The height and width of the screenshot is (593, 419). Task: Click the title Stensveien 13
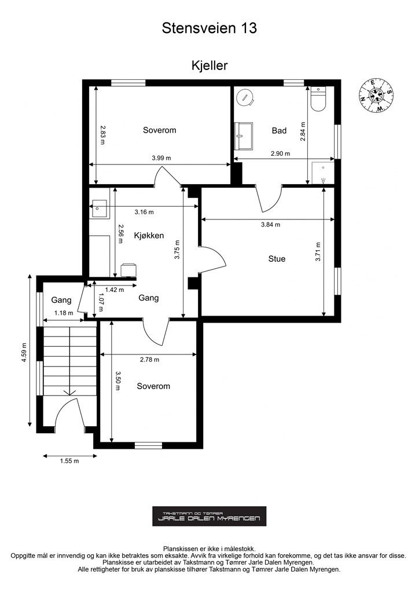209,28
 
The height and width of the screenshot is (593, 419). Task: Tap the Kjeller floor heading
209,65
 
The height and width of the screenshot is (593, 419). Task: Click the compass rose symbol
376,96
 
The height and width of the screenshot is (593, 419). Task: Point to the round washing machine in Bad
245,97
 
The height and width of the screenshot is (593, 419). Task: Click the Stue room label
277,259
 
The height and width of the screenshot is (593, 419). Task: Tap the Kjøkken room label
149,236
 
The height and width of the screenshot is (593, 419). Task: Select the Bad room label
279,130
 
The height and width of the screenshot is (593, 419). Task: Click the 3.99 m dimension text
161,158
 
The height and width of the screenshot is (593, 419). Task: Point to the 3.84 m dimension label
270,225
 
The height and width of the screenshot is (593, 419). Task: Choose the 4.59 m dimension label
24,353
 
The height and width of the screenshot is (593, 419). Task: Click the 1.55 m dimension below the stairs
69,461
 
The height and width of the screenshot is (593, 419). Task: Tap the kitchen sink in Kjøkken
100,208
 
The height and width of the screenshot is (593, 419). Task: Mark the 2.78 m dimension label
150,360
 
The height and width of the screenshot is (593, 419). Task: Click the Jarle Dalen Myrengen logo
209,516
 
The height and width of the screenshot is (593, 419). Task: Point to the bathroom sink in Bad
244,136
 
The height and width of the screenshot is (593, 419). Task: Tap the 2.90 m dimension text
280,153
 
